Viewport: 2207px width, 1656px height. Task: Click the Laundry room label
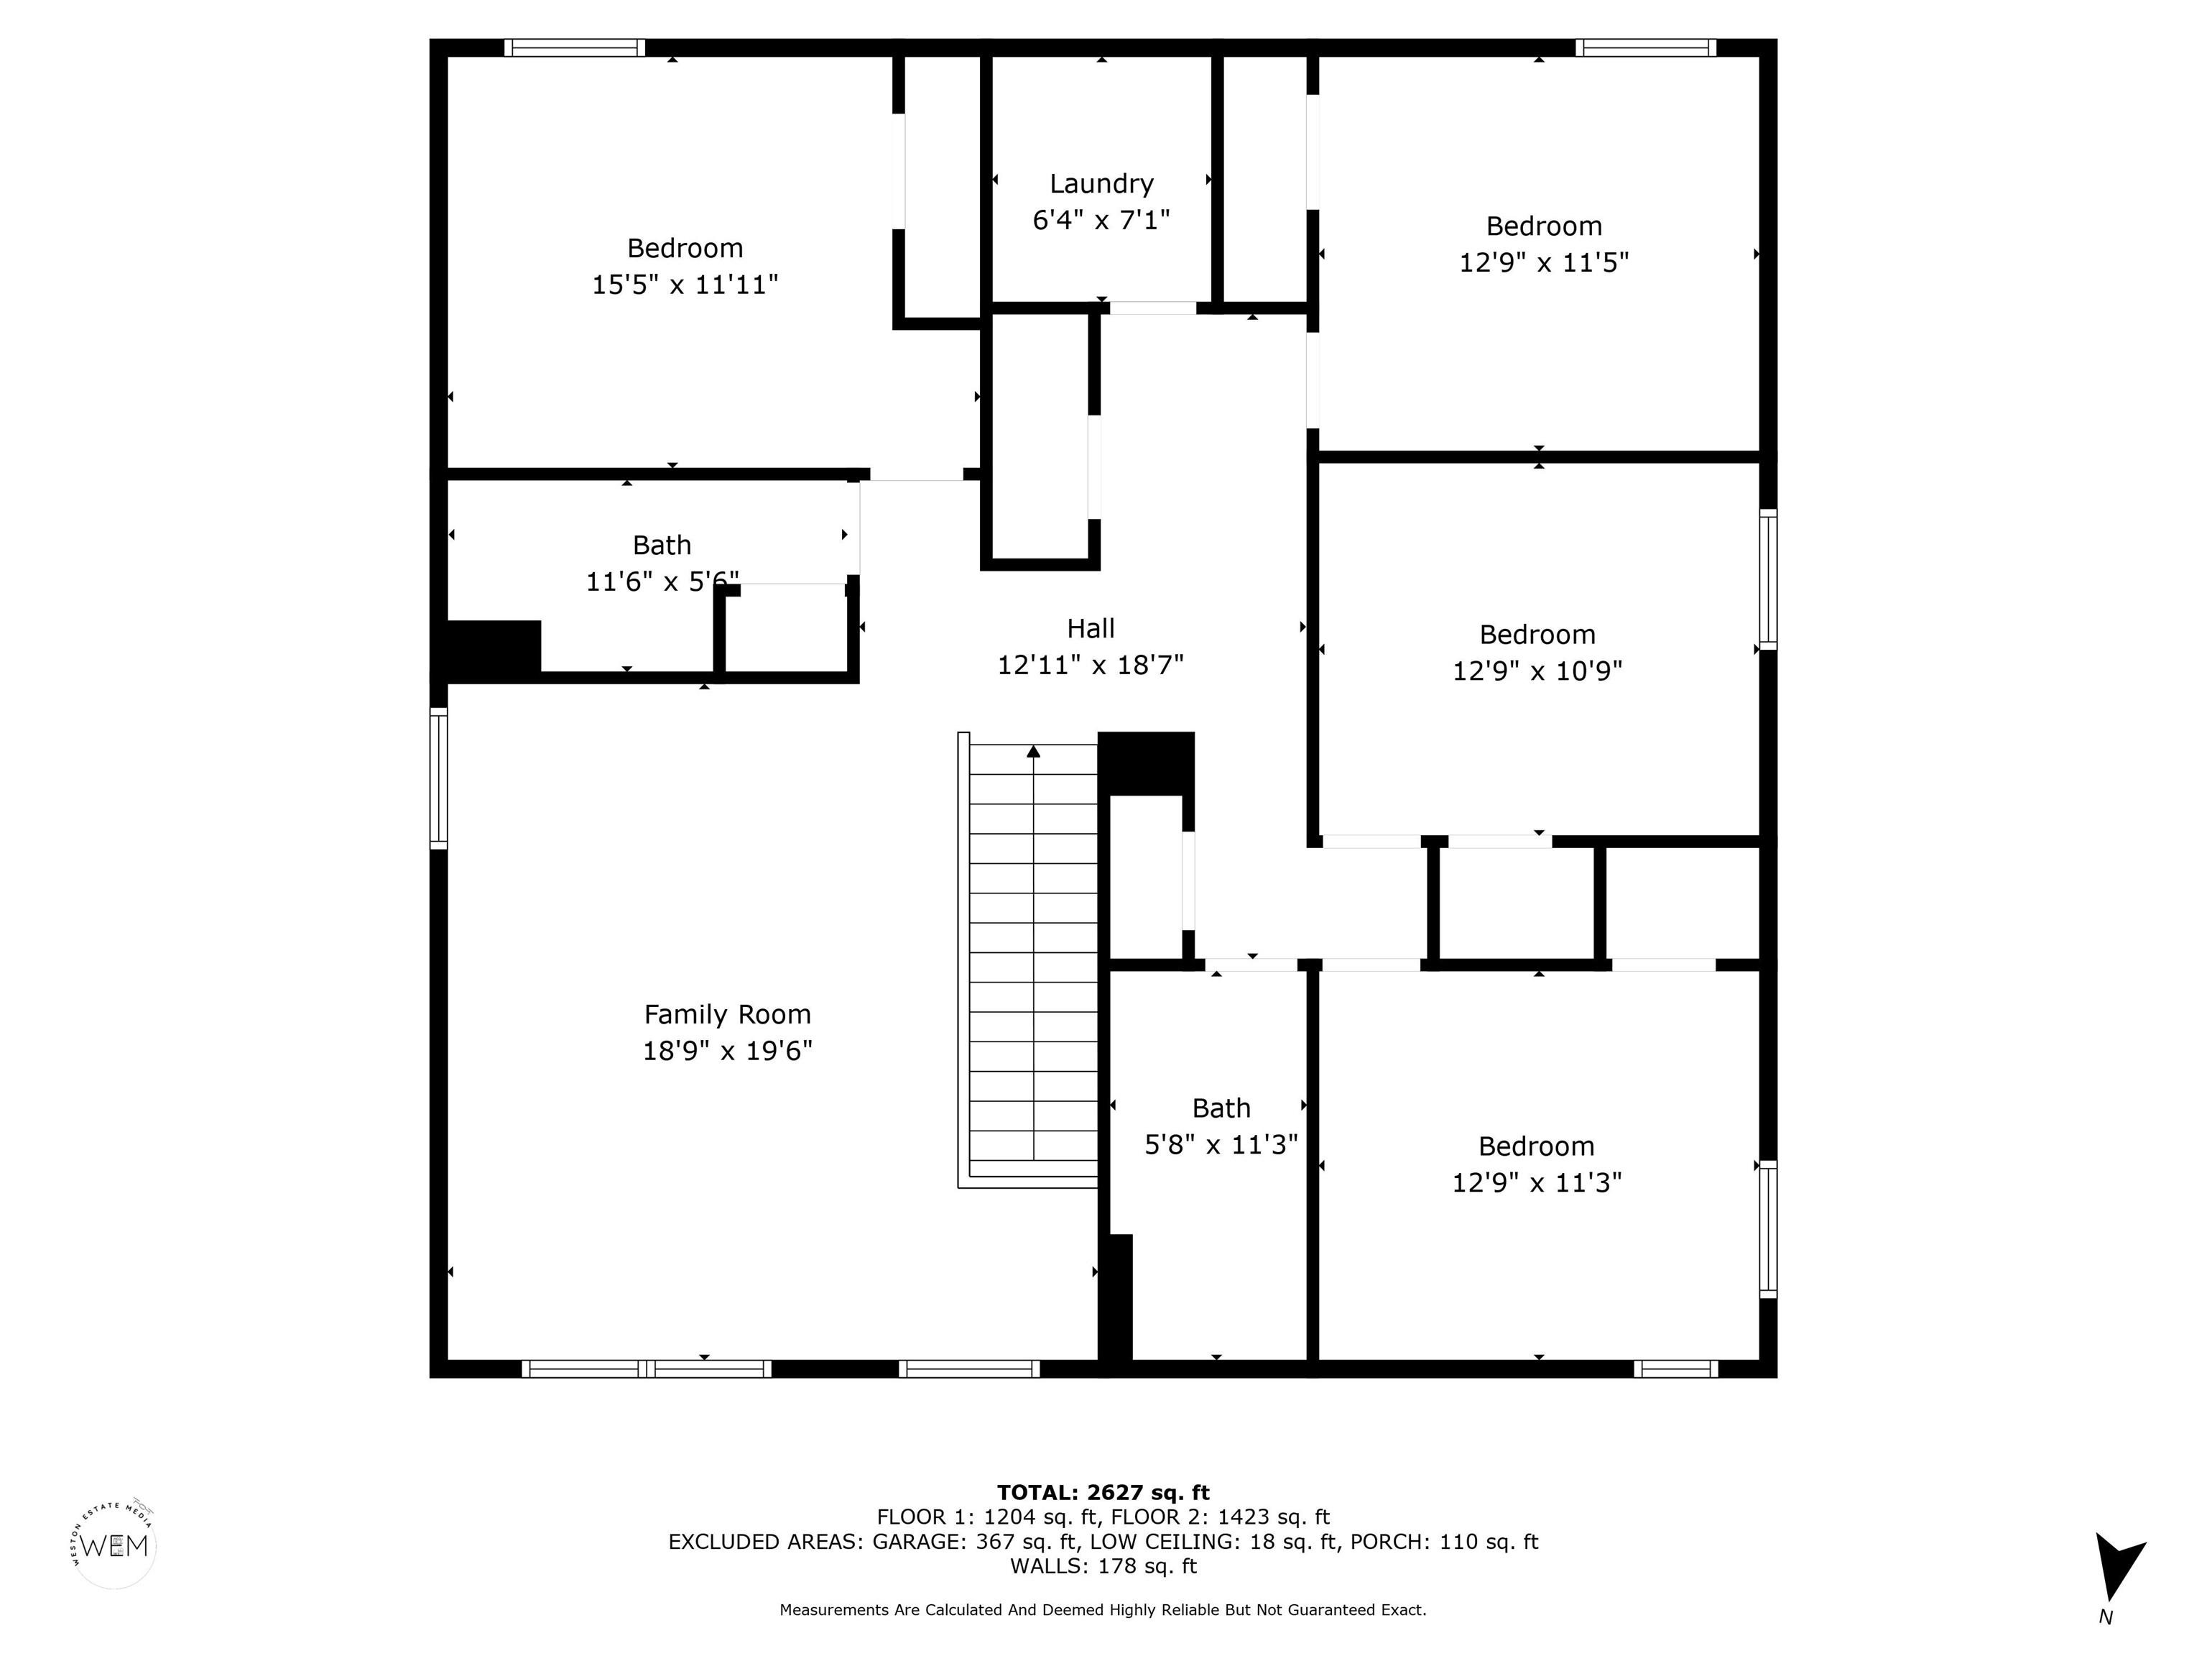point(1101,184)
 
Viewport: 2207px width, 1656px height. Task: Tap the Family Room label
point(727,1014)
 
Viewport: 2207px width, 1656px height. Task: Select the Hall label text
point(1091,629)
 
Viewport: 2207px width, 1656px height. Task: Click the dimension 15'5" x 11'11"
point(685,285)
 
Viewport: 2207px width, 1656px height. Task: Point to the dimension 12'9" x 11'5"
point(1543,262)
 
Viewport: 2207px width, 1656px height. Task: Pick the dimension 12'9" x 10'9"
point(1537,671)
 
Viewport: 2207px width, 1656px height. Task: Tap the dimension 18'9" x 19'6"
point(727,1051)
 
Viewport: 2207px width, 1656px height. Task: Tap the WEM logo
point(115,1546)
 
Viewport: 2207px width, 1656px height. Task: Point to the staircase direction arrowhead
point(1034,750)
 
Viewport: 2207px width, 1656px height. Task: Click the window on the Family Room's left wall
point(439,778)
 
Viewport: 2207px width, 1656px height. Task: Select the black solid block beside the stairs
point(1145,763)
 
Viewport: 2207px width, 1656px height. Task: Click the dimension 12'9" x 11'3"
point(1537,1183)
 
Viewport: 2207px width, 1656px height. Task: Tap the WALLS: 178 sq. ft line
point(1103,1566)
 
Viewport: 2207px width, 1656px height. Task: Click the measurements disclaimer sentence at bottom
point(1103,1610)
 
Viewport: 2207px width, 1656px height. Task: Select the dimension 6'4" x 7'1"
point(1101,220)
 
